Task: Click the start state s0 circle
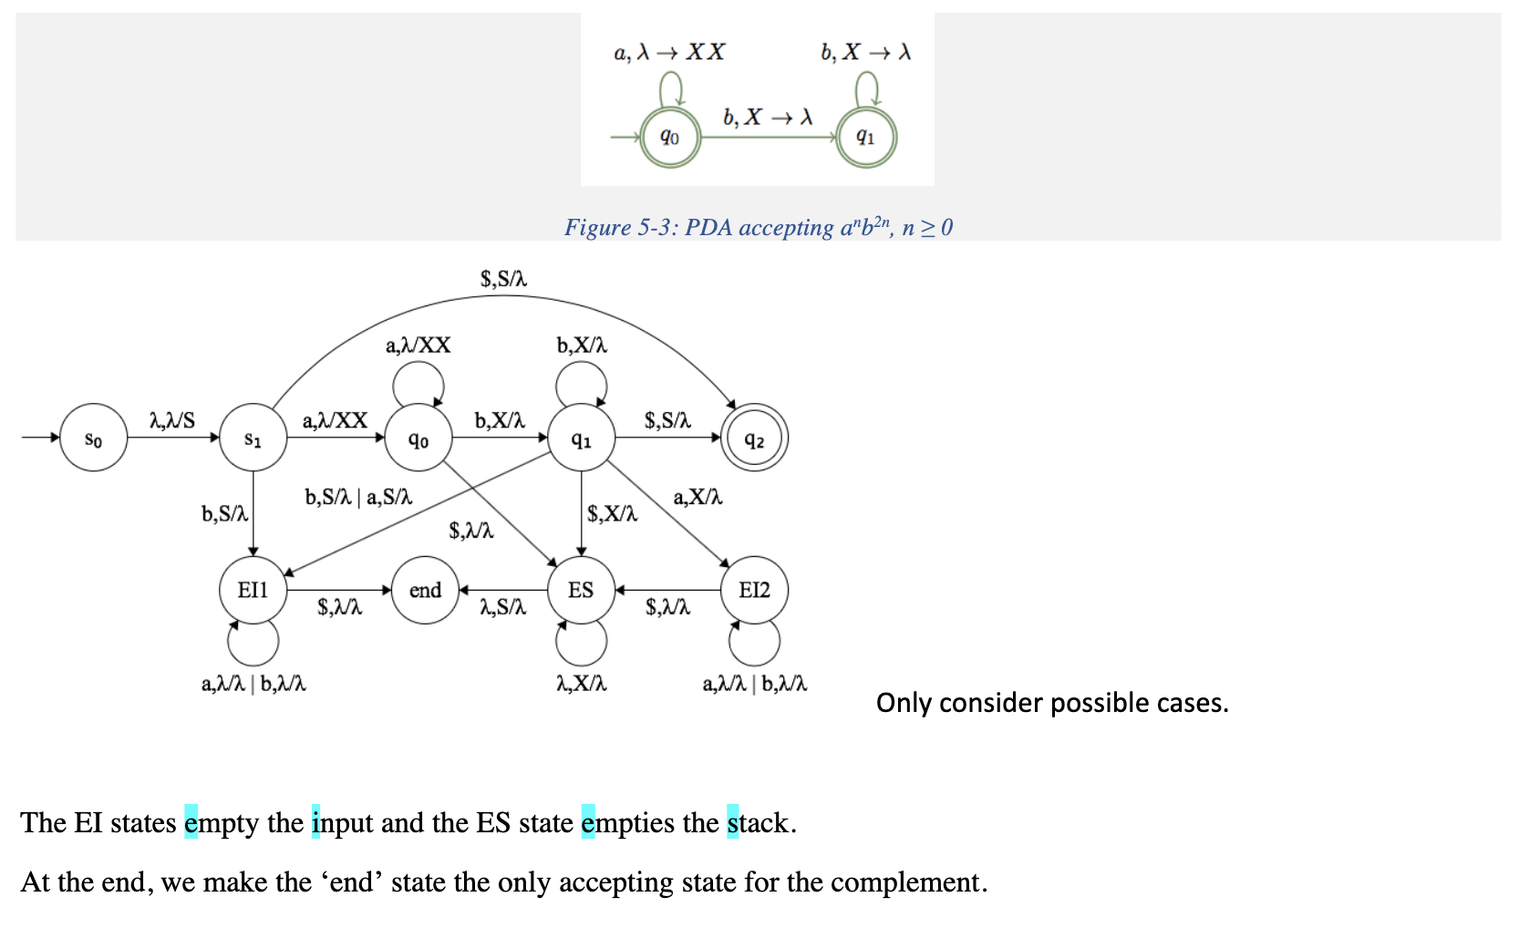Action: [93, 438]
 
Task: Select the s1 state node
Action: [253, 438]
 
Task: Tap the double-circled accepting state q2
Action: [754, 438]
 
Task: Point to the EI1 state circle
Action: [253, 590]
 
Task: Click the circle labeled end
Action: [425, 590]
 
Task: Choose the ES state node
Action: [581, 590]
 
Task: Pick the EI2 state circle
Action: [754, 590]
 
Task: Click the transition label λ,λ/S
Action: [172, 420]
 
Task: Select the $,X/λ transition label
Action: [612, 514]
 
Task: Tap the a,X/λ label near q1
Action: [697, 497]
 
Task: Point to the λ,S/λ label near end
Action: [502, 607]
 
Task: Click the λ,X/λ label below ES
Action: [582, 684]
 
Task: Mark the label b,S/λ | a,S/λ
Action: [358, 497]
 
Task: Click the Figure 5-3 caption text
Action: [758, 227]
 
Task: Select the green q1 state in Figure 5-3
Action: [865, 138]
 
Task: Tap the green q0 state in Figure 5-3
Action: [670, 138]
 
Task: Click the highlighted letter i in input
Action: [315, 822]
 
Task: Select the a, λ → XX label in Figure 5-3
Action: [669, 52]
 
